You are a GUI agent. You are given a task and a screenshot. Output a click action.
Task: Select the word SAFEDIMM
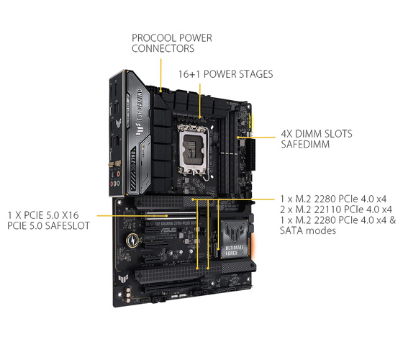point(305,144)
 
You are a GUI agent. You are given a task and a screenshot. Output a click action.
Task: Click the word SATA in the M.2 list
point(291,230)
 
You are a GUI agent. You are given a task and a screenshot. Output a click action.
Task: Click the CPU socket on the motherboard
point(194,150)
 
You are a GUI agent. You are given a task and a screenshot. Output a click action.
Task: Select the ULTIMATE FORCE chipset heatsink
point(235,240)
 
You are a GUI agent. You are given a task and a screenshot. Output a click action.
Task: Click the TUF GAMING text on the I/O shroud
point(140,105)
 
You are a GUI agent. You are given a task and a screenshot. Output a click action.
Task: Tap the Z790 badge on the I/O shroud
point(133,157)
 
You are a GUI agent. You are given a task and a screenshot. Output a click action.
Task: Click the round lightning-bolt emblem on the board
point(132,240)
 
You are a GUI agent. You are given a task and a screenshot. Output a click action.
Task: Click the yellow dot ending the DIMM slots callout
point(238,138)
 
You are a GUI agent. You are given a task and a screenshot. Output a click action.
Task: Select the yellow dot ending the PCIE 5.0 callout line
point(167,216)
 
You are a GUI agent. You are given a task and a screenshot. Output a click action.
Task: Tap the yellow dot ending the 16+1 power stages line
point(200,117)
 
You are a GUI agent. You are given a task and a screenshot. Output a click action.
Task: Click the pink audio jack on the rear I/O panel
point(112,184)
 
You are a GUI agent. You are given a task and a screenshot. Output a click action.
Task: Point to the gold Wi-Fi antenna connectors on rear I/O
point(114,164)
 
